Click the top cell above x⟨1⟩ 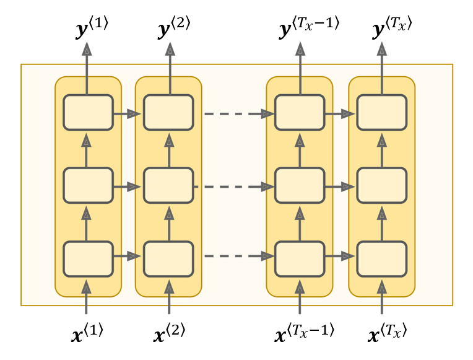(88, 113)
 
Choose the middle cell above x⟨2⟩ (168, 185)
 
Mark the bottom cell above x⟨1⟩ (88, 258)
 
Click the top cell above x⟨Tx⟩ (381, 113)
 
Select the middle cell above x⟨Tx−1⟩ (300, 185)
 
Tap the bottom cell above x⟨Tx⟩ (381, 258)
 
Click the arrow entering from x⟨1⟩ (87, 297)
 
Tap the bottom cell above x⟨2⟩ (168, 258)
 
